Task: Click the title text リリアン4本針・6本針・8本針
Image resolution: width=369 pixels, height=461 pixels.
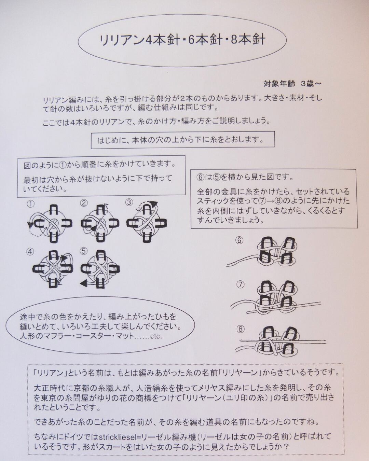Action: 182,40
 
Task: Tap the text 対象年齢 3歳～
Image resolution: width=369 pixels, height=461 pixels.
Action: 292,83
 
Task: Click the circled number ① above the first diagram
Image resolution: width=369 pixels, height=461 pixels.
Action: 31,204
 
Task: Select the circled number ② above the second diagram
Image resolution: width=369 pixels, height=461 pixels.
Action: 84,203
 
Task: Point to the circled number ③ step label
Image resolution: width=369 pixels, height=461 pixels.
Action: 129,202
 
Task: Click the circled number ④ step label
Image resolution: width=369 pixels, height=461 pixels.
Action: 31,252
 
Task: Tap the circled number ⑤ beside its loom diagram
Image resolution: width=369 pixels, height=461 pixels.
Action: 84,251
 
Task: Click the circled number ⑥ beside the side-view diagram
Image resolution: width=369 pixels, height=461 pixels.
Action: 239,240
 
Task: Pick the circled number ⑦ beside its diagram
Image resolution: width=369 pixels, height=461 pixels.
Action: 240,284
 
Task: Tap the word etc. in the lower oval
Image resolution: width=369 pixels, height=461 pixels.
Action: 155,336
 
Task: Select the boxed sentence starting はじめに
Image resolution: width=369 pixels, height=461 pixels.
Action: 182,140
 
